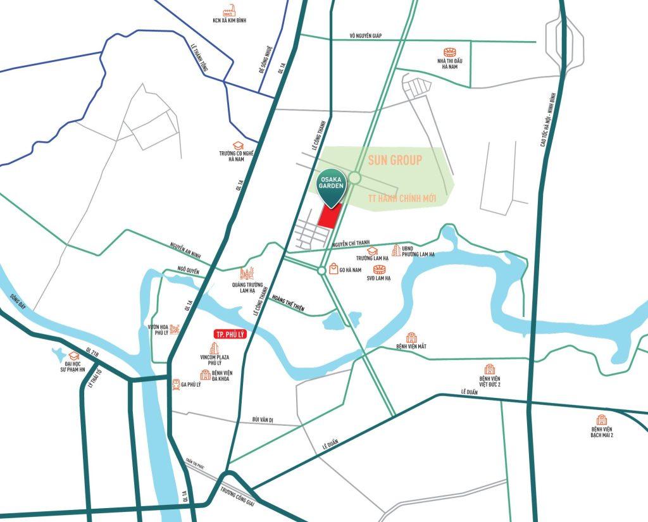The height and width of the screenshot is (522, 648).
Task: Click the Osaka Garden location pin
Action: click(x=332, y=185)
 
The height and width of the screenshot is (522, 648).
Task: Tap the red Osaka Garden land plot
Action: click(x=330, y=217)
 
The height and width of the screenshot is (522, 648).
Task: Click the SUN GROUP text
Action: click(x=395, y=159)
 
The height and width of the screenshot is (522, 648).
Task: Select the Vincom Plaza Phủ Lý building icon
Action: click(x=213, y=349)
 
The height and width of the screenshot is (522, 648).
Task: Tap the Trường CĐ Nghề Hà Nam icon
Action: click(x=239, y=146)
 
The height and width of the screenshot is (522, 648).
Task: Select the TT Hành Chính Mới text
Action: click(x=402, y=199)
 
